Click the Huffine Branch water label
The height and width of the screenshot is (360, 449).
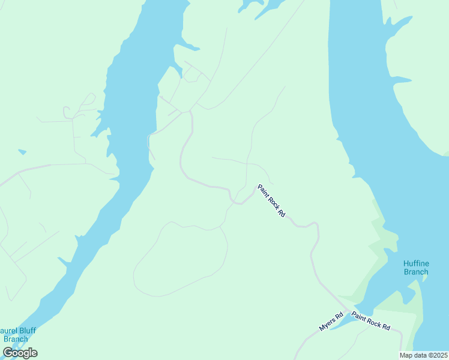pyautogui.click(x=416, y=267)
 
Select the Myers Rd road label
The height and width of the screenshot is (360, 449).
pyautogui.click(x=331, y=321)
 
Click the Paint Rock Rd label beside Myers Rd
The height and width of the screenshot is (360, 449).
pyautogui.click(x=371, y=321)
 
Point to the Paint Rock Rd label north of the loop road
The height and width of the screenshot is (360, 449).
pyautogui.click(x=271, y=200)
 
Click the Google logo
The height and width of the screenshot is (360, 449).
pyautogui.click(x=20, y=353)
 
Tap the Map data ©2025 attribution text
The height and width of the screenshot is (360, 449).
pyautogui.click(x=423, y=355)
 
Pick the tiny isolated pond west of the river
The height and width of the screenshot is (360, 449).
pyautogui.click(x=22, y=152)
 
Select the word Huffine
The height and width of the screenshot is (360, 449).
pyautogui.click(x=416, y=263)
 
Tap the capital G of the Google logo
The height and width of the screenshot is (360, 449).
pyautogui.click(x=8, y=353)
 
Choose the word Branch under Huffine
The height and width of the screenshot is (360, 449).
pyautogui.click(x=416, y=272)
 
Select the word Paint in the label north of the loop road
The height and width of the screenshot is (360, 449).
pyautogui.click(x=263, y=190)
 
